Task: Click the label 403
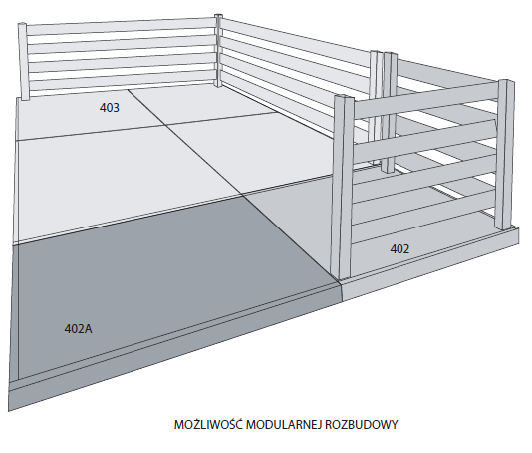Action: (x=110, y=108)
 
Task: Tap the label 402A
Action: (x=78, y=329)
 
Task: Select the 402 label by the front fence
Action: (x=399, y=249)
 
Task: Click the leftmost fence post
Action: (x=23, y=61)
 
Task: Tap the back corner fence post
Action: (x=218, y=50)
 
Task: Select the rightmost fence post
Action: (x=505, y=155)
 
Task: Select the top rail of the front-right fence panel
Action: (x=425, y=99)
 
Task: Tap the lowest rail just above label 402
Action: (x=422, y=222)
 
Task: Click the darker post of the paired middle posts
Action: (x=390, y=112)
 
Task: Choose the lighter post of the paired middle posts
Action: (x=375, y=108)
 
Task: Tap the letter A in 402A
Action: (x=89, y=329)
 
